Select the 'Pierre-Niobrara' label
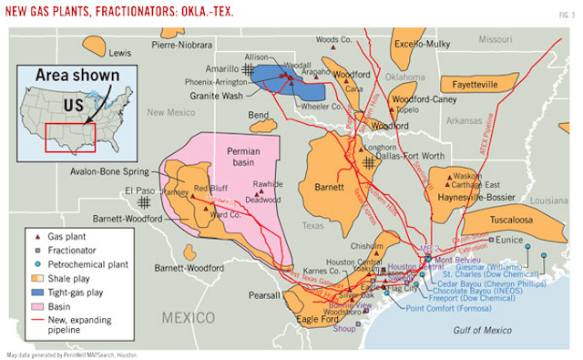(x=182, y=44)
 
